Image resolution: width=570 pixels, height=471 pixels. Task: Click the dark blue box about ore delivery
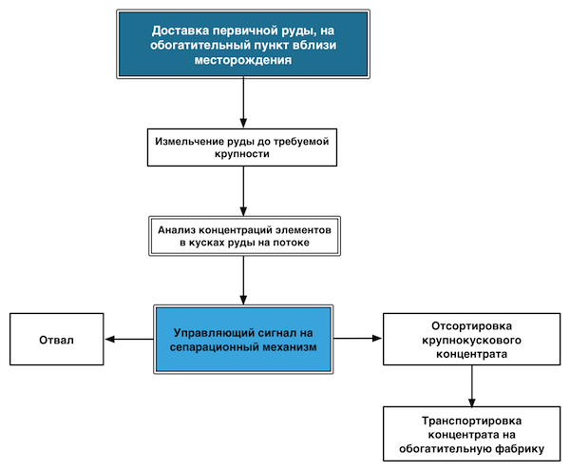coord(243,44)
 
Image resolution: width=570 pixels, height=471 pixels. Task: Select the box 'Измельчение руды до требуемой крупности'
coord(242,147)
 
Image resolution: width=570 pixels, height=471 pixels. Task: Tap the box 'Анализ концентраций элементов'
coord(244,236)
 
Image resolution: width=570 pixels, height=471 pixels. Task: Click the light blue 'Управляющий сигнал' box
coord(243,340)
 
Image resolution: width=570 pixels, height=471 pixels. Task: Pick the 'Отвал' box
coord(57,340)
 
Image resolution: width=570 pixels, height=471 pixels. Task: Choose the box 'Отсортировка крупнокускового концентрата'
coord(471,340)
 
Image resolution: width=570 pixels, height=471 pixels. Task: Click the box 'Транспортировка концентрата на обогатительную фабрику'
coord(471,434)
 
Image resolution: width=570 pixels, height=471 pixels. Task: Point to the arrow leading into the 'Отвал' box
coord(129,340)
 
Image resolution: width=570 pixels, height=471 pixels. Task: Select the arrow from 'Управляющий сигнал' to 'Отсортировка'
coord(358,339)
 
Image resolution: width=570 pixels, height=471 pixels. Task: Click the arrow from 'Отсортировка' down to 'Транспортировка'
coord(471,385)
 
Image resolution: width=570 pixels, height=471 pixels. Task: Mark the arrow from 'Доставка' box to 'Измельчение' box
coord(243,103)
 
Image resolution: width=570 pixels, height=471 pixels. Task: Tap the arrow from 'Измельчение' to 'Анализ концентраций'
coord(243,191)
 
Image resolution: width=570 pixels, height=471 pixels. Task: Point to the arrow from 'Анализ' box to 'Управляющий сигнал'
coord(243,281)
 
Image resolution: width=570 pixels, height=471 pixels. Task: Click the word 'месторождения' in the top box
coord(243,60)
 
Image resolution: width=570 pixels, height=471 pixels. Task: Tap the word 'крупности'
coord(242,154)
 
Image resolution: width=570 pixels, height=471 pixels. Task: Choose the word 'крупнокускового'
coord(471,341)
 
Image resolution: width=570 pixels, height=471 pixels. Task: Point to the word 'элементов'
coord(303,230)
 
